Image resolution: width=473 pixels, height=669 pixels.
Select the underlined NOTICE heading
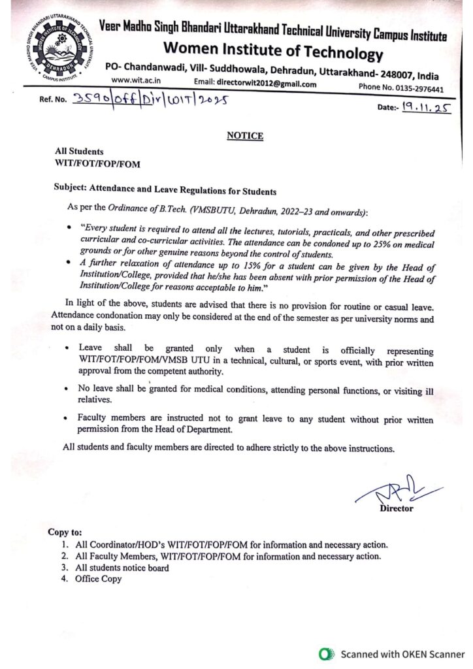click(245, 136)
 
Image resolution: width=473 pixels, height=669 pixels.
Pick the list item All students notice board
click(122, 567)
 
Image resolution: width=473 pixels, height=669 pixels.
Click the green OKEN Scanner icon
click(324, 653)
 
